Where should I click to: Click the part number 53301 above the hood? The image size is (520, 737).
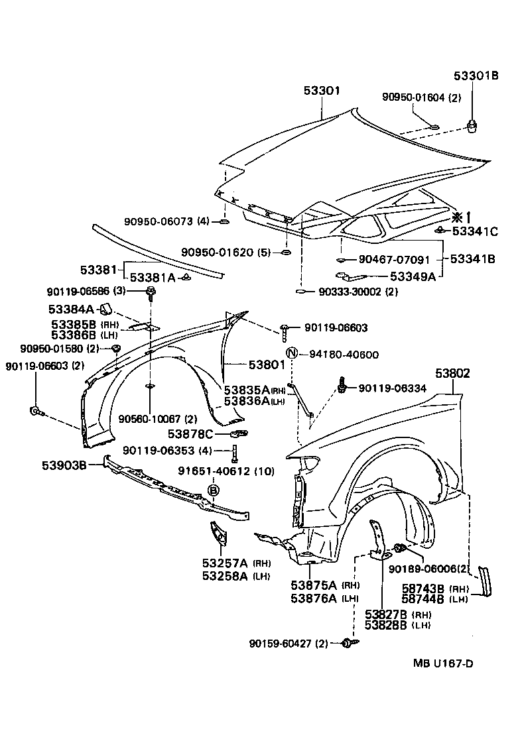321,91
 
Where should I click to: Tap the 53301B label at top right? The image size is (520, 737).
476,75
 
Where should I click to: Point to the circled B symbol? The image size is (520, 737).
214,490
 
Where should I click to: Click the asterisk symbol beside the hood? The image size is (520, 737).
456,216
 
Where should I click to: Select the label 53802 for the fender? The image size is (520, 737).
453,374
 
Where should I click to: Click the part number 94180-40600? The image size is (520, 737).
344,355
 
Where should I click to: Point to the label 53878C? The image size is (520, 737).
190,434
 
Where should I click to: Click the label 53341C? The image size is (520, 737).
475,231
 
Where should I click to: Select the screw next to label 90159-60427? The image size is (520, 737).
348,642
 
